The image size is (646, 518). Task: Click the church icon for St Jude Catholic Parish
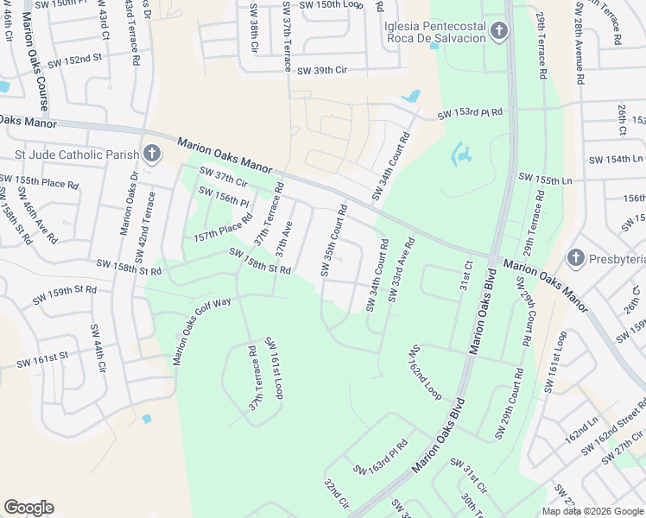point(151,155)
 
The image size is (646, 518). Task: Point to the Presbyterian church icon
point(577,258)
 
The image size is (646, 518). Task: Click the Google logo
point(28,508)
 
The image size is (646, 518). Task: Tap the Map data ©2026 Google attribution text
point(592,511)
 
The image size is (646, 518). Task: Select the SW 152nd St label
point(74,60)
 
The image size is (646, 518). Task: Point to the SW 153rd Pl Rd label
point(470,114)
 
